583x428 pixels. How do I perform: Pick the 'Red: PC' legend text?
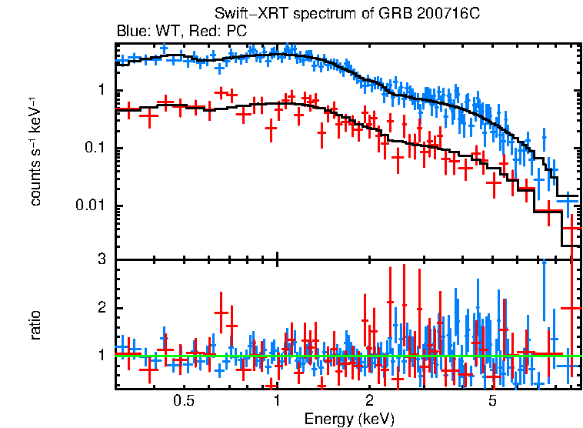point(213,32)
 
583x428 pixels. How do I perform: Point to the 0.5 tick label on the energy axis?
point(184,400)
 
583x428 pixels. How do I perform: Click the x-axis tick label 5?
point(493,400)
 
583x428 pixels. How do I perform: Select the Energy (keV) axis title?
point(348,420)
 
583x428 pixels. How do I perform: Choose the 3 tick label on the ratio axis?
point(101,259)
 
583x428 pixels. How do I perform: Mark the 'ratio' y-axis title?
point(36,325)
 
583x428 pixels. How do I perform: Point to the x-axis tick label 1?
point(277,400)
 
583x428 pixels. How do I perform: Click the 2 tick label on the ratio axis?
point(101,308)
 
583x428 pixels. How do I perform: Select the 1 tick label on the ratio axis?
point(101,356)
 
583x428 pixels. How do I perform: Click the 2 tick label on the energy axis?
point(369,400)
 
